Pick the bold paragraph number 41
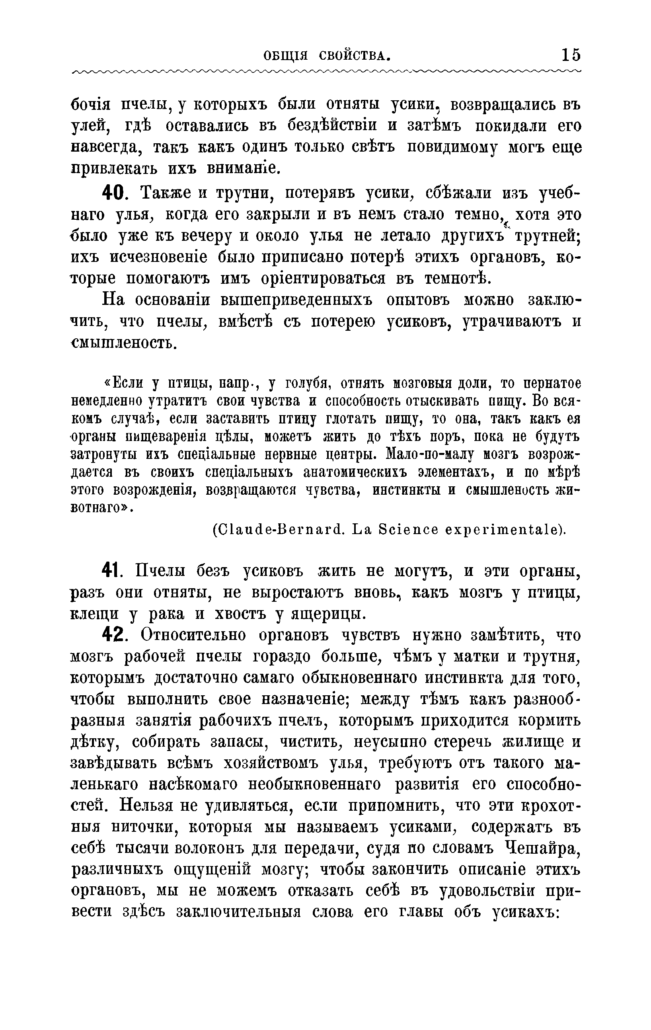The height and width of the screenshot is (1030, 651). [x=112, y=571]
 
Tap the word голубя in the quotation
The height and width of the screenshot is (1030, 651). [x=303, y=384]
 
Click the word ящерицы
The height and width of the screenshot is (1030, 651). [x=328, y=614]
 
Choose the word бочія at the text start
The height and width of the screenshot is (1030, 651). [x=90, y=105]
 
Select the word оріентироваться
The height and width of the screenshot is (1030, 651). [x=324, y=279]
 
